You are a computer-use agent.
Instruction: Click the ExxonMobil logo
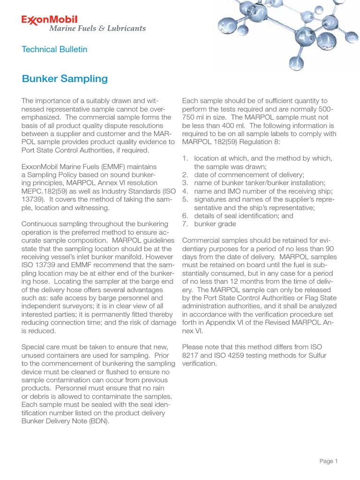(x=50, y=19)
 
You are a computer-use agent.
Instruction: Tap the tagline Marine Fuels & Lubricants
(x=97, y=28)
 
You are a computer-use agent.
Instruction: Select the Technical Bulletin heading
(x=54, y=49)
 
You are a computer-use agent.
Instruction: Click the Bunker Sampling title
(x=65, y=78)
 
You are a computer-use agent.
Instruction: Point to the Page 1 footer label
(x=328, y=461)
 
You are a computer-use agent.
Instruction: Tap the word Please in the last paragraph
(x=192, y=346)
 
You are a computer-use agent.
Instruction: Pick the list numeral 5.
(x=185, y=199)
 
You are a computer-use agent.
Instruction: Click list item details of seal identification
(x=238, y=216)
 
